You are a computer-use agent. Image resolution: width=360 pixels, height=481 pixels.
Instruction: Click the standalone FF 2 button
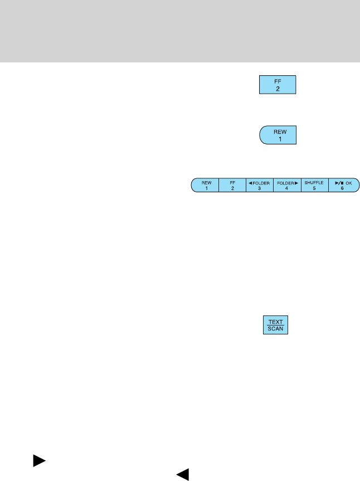(x=277, y=85)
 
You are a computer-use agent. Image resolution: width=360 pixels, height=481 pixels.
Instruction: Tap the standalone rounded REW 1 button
(x=277, y=135)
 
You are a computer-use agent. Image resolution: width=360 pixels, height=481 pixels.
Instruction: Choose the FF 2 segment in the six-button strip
(x=232, y=185)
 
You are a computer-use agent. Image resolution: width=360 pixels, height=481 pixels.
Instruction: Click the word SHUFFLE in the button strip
(x=314, y=182)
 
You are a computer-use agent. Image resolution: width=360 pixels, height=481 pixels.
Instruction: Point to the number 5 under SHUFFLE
(x=314, y=188)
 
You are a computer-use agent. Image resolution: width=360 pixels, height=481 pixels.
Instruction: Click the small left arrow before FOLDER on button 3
(x=250, y=182)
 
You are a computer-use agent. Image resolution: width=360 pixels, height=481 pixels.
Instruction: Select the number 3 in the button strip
(x=259, y=188)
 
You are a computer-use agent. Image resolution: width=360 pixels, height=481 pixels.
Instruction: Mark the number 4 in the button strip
(x=286, y=188)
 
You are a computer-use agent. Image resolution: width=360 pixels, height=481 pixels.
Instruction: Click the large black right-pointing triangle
(x=39, y=460)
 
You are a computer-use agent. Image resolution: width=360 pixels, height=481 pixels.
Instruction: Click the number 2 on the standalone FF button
(x=277, y=89)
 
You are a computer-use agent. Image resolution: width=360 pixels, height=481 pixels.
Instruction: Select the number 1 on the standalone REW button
(x=277, y=139)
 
